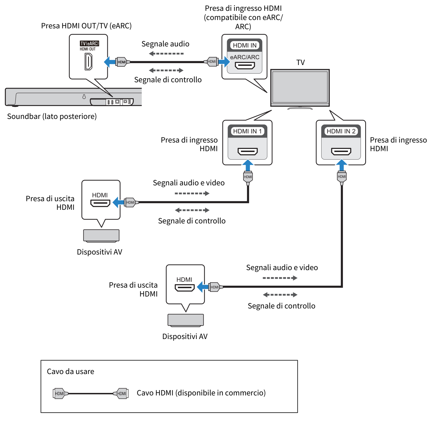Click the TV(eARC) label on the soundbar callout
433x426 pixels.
89,43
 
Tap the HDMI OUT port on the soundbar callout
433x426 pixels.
88,61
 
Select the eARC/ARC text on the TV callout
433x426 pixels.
245,57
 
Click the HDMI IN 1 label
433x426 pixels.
247,131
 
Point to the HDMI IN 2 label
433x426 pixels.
341,131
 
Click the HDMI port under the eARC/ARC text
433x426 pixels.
245,66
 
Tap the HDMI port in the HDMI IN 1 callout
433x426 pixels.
248,151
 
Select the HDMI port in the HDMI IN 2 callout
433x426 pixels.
341,151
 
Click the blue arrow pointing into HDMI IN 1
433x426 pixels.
248,165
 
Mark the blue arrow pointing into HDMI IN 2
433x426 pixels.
342,165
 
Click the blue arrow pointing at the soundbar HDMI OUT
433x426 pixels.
110,62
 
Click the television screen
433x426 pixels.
300,87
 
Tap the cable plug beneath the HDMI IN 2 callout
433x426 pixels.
342,177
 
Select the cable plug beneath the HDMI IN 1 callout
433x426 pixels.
248,177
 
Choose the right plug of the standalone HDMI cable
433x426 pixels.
121,393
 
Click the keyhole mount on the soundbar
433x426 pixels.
84,97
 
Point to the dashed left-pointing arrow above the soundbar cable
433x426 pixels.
166,53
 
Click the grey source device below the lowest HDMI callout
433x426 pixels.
186,320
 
